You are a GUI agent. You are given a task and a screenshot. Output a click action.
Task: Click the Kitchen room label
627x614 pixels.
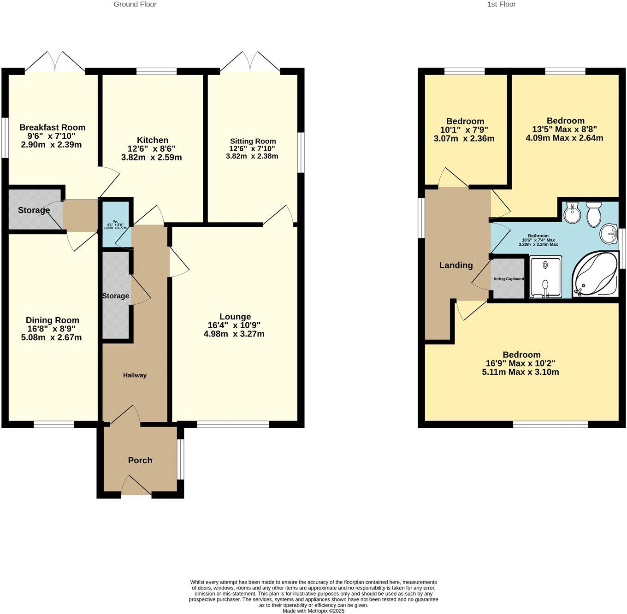pos(152,140)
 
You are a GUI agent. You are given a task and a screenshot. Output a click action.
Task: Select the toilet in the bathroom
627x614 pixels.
pos(592,214)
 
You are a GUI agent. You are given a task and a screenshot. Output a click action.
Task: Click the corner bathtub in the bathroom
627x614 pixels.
pos(595,275)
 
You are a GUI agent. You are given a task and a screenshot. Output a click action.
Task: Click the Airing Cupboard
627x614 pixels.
pos(509,279)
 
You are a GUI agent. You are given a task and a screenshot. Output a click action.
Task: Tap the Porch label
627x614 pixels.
pos(140,460)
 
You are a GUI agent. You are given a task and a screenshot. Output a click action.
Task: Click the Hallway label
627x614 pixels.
pos(135,375)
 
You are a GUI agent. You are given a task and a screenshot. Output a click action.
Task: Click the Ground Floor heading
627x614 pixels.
pos(135,4)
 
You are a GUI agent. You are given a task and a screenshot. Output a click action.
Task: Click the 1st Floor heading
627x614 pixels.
pos(501,4)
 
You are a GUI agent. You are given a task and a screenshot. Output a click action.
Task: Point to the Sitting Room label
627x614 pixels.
pos(253,141)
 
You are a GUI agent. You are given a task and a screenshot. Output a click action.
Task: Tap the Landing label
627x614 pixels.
pos(455,265)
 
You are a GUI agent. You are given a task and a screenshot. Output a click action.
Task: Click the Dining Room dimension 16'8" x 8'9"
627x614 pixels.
pos(51,329)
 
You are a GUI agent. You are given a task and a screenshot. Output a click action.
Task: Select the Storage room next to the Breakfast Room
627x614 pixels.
pos(34,210)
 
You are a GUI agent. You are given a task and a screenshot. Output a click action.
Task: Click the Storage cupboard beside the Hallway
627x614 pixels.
pos(115,296)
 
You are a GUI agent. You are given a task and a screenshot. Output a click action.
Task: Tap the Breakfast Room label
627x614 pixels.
pos(52,127)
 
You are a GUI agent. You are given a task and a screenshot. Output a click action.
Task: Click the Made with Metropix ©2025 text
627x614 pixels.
pos(313,611)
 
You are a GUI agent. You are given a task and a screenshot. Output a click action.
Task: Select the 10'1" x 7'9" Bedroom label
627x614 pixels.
pos(464,130)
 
